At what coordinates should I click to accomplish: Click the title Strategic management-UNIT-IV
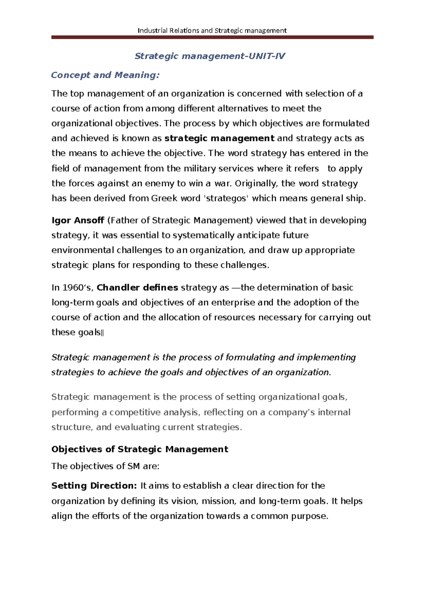(x=210, y=56)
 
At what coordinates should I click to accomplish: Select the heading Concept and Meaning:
(x=105, y=75)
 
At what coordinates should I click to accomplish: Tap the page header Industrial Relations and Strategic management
(x=212, y=30)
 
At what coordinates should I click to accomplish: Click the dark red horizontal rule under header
(x=212, y=37)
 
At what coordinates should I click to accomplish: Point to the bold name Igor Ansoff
(x=78, y=220)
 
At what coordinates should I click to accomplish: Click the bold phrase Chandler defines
(x=137, y=288)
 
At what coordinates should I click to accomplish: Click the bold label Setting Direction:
(x=94, y=486)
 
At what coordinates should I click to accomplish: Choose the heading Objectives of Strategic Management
(x=140, y=449)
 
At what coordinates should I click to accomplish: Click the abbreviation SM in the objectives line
(x=134, y=466)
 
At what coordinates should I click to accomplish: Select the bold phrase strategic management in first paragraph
(x=220, y=138)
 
